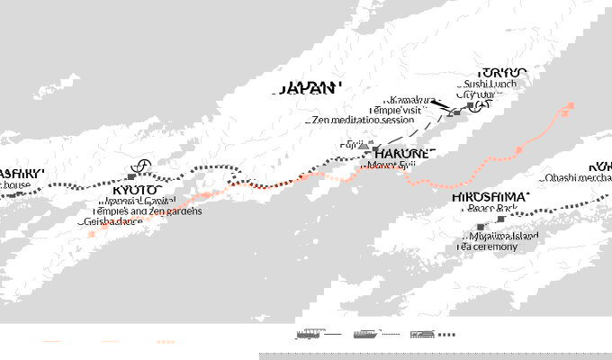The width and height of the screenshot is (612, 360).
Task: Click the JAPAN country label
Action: tap(311, 87)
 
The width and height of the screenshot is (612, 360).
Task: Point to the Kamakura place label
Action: tap(409, 99)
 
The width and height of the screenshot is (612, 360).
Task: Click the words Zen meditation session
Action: tap(364, 119)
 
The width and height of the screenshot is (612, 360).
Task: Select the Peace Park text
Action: tap(490, 208)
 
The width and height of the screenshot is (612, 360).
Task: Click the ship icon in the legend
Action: tap(366, 335)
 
